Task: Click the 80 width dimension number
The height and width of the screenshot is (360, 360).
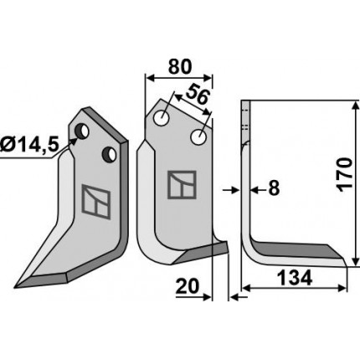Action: pos(180,67)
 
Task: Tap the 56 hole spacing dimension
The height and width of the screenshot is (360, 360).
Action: pos(198,95)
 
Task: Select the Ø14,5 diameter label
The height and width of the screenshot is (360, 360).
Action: pos(29,145)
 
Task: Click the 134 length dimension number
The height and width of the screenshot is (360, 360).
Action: pos(295,278)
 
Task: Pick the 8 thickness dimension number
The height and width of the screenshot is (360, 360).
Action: pos(274,188)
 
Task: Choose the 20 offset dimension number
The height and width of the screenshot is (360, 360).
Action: pos(188,286)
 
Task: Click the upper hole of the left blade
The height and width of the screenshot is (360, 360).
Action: pos(82,131)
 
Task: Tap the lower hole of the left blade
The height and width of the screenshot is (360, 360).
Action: pos(110,155)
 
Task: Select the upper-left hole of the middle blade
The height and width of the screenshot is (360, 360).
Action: pos(161,118)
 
